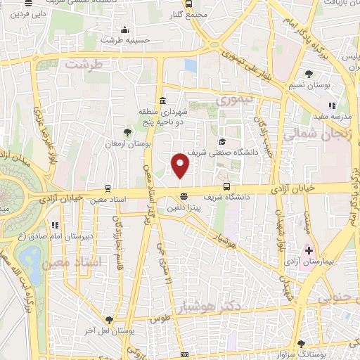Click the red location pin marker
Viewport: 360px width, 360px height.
coord(181,165)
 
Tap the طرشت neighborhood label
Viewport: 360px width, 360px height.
coord(84,64)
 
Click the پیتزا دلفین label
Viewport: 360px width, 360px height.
coord(185,208)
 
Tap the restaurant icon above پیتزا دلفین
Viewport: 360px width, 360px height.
coord(184,197)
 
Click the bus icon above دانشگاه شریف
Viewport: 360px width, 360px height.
coord(226,187)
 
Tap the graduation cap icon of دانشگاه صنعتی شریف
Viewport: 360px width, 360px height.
coord(221,141)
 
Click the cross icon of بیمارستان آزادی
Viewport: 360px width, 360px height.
coord(309,250)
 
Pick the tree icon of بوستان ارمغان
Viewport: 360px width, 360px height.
coord(127,131)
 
